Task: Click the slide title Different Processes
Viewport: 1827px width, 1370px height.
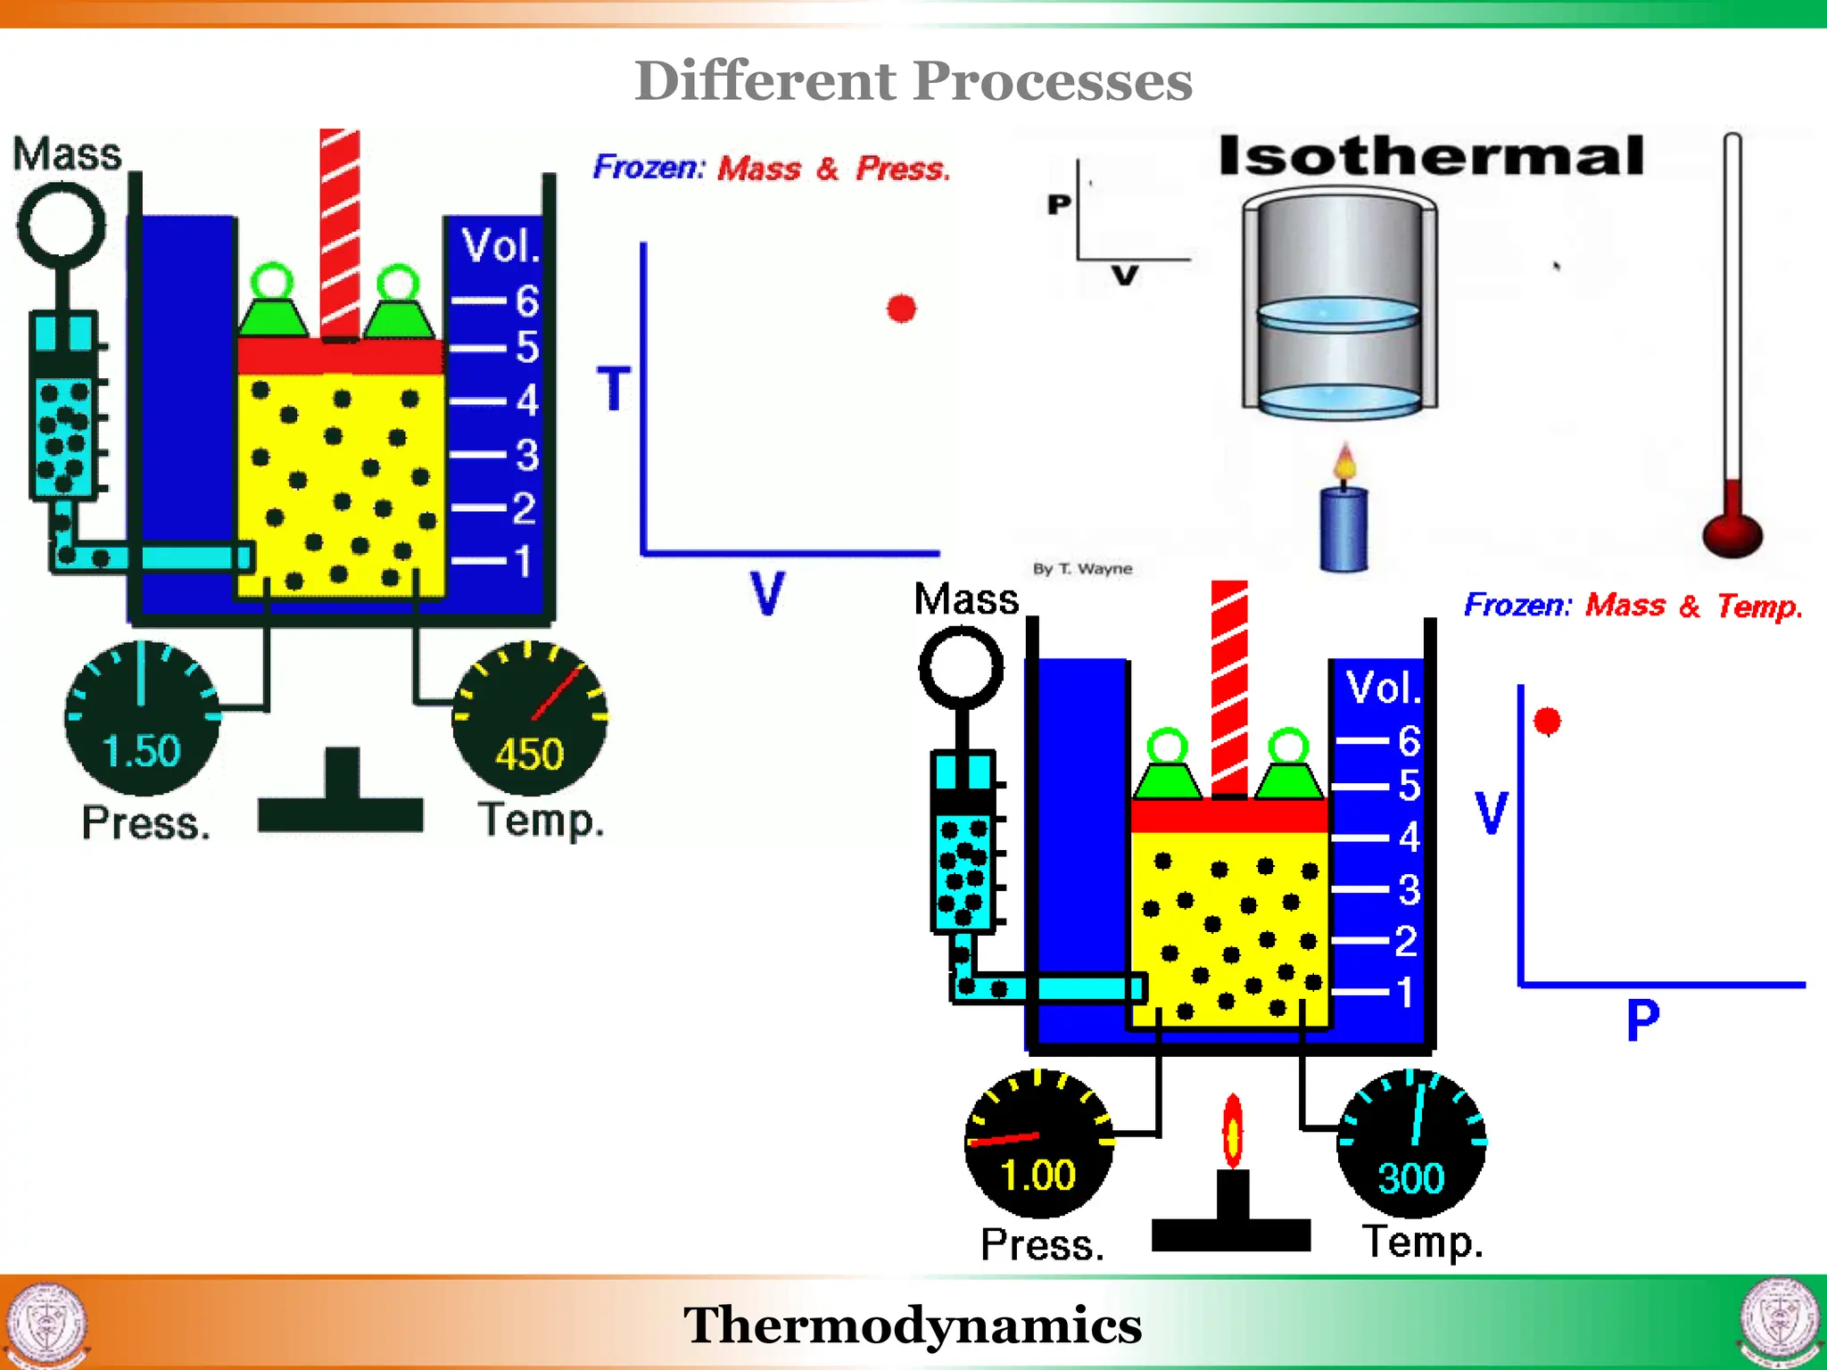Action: [x=913, y=81]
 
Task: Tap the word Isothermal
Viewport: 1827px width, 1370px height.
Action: [x=1430, y=156]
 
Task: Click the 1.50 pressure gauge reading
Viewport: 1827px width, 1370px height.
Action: [x=141, y=750]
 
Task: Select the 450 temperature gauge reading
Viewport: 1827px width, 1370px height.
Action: [x=529, y=755]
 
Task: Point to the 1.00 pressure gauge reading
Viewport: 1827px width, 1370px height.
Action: [x=1038, y=1175]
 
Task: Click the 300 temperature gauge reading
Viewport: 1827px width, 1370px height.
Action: [x=1410, y=1178]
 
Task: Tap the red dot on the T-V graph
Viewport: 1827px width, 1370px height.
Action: [x=901, y=309]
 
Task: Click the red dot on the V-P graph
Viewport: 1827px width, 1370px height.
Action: [x=1547, y=721]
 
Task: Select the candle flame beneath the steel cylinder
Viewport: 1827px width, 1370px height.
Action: [x=1345, y=464]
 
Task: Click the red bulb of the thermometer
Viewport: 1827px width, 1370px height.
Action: [x=1732, y=533]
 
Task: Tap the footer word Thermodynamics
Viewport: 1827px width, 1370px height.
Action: [x=913, y=1325]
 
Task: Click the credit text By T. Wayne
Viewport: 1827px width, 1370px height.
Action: [x=1082, y=569]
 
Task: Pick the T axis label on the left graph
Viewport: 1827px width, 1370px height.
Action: [x=614, y=389]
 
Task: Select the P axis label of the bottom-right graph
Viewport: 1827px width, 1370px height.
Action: [x=1642, y=1019]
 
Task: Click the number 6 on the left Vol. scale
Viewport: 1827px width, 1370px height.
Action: [x=527, y=301]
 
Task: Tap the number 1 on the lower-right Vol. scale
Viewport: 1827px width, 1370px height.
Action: [x=1406, y=992]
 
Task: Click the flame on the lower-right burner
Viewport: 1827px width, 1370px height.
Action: [x=1232, y=1132]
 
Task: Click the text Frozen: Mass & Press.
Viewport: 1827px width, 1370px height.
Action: [x=772, y=168]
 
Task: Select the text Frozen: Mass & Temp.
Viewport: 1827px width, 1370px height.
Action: [x=1633, y=606]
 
